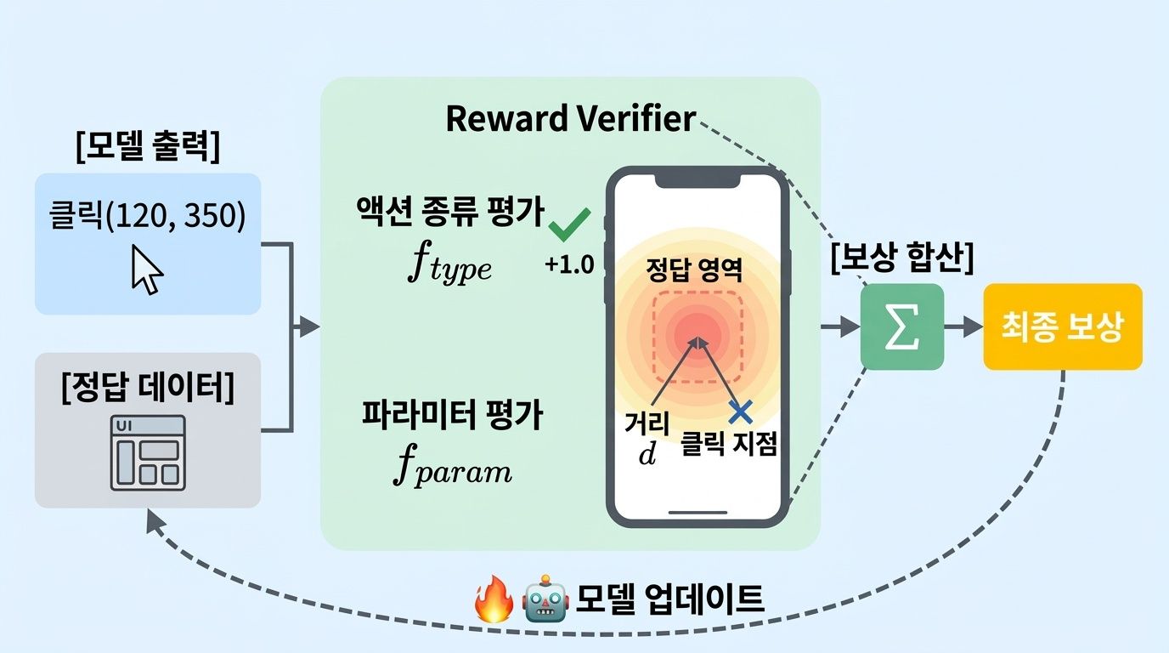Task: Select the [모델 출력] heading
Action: pyautogui.click(x=147, y=147)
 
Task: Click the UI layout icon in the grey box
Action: pyautogui.click(x=148, y=452)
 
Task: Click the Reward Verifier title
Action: pyautogui.click(x=570, y=119)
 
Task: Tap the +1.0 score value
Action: pyautogui.click(x=569, y=264)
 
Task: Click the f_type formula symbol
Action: pyautogui.click(x=448, y=266)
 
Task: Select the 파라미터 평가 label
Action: pyautogui.click(x=452, y=417)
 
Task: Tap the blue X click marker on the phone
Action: pyautogui.click(x=741, y=412)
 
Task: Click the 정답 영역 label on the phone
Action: pyautogui.click(x=695, y=270)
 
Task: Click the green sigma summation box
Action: pyautogui.click(x=901, y=326)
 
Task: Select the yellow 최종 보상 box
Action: pyautogui.click(x=1062, y=326)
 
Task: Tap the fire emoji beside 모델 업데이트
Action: pyautogui.click(x=494, y=600)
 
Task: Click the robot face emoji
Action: pyautogui.click(x=545, y=600)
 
